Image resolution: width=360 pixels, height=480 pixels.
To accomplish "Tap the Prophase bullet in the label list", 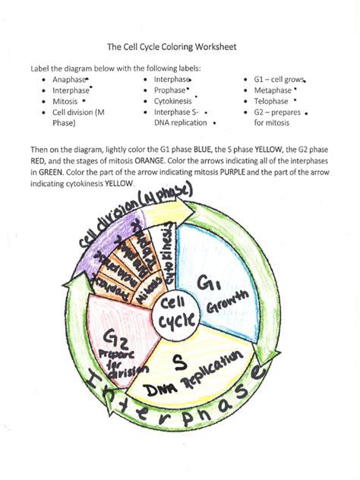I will tap(171, 90).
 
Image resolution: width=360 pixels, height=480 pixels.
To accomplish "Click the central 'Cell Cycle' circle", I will tap(178, 311).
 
